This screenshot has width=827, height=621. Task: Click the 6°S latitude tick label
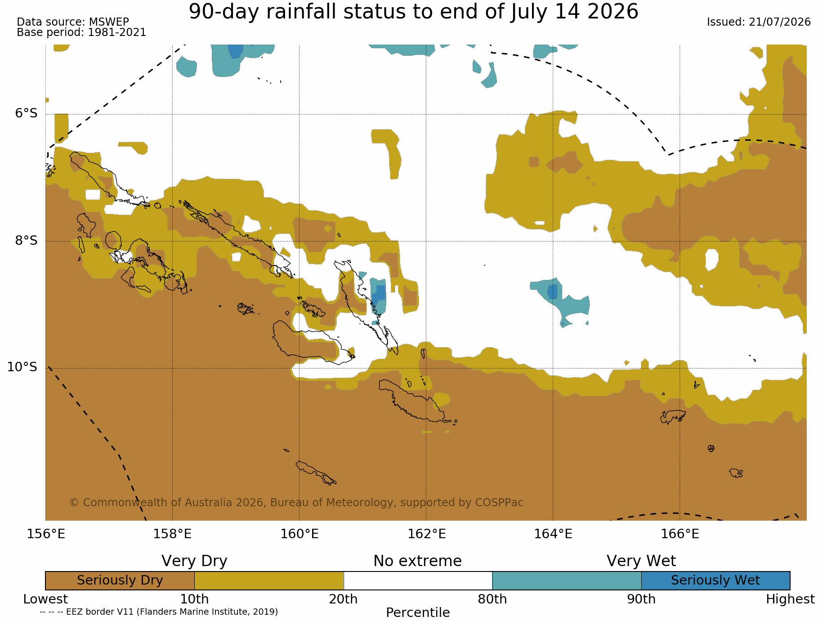(x=27, y=113)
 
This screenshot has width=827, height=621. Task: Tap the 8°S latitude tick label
(x=27, y=240)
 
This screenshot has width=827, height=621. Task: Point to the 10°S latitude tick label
(x=22, y=367)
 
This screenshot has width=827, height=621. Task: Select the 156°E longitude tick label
(x=46, y=534)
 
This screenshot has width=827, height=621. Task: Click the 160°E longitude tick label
(x=300, y=534)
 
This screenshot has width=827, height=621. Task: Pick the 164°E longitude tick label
(x=553, y=534)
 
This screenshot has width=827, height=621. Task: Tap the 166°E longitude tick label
(x=680, y=534)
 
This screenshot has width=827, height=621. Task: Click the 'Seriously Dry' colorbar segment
(x=120, y=580)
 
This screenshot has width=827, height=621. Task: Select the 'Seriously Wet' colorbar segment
(x=715, y=580)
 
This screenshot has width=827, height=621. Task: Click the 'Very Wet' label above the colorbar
(x=641, y=561)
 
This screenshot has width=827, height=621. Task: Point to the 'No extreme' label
(x=418, y=561)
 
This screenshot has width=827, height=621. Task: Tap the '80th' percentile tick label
(x=492, y=599)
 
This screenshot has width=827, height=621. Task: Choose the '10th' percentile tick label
(x=195, y=599)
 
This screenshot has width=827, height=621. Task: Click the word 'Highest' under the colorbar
(x=790, y=599)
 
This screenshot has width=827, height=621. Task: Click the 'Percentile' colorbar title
(x=418, y=613)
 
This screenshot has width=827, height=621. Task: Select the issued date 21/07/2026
(x=780, y=22)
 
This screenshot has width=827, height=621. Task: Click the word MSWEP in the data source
(x=109, y=22)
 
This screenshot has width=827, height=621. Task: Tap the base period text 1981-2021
(x=117, y=32)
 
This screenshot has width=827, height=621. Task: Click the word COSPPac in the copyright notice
(x=501, y=503)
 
